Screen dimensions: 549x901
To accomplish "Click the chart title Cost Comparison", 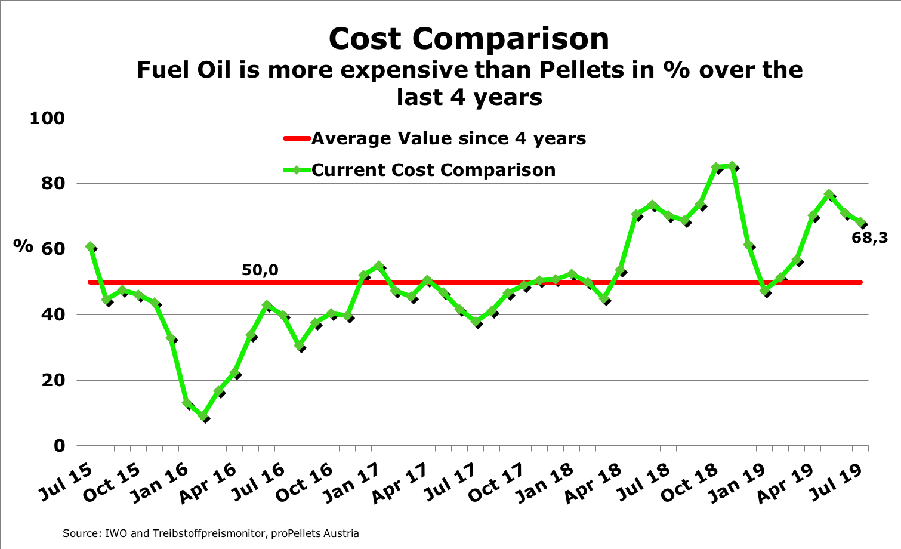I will (469, 39).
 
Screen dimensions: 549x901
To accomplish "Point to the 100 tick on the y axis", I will (47, 118).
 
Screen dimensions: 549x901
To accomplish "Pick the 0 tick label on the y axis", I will (59, 446).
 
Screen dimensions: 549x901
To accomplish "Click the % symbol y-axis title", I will (23, 246).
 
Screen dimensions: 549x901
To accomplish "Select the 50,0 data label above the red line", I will (260, 270).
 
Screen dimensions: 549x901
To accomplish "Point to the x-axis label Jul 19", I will (838, 481).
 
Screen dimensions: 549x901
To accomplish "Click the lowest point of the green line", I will (204, 417).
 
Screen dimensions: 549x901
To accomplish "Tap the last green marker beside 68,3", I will (860, 223).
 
